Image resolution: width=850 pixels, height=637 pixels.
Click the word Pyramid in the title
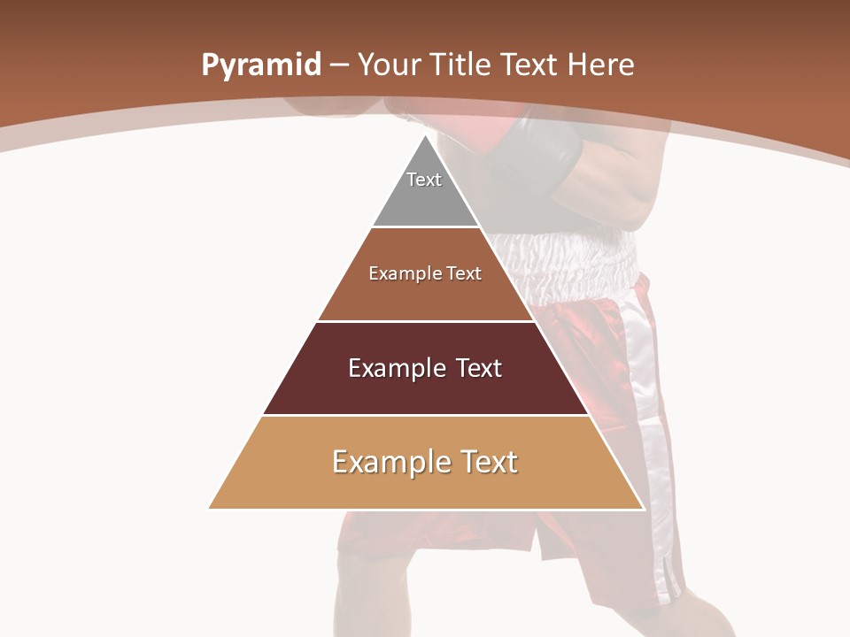pyautogui.click(x=260, y=65)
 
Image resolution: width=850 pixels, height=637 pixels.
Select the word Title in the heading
pyautogui.click(x=462, y=65)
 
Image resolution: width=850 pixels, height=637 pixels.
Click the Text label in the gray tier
pyautogui.click(x=424, y=180)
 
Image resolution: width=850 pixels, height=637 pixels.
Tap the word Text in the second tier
pyautogui.click(x=463, y=274)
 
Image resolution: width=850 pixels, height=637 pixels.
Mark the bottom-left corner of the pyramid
pyautogui.click(x=210, y=508)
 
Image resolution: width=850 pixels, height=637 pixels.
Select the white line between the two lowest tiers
pyautogui.click(x=425, y=416)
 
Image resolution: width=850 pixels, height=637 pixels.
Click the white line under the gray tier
pyautogui.click(x=425, y=227)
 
